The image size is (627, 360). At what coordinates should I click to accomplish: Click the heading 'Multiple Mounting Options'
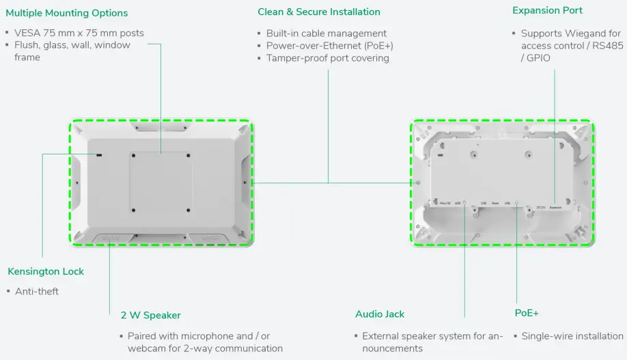[66, 13]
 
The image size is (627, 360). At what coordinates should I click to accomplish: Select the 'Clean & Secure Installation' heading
[319, 12]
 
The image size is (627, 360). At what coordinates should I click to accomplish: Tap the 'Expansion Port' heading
[547, 10]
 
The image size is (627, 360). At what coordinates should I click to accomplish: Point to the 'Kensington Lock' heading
[46, 271]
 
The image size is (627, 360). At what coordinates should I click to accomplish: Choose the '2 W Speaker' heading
[151, 315]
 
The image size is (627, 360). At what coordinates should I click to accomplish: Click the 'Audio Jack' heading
[380, 314]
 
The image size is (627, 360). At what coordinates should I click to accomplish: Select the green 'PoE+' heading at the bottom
[527, 313]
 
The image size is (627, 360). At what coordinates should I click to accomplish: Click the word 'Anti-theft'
[37, 292]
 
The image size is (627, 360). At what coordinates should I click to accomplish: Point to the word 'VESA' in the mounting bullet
[27, 33]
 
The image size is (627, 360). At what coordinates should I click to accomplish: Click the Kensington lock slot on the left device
[100, 156]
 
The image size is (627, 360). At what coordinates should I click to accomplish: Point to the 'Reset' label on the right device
[495, 204]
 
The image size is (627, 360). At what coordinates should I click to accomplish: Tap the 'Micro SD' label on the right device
[445, 204]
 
